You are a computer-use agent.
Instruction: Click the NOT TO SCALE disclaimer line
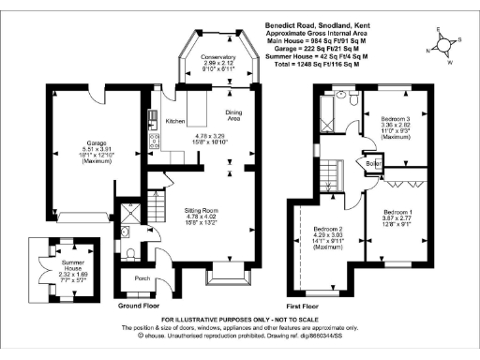point(239,322)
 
